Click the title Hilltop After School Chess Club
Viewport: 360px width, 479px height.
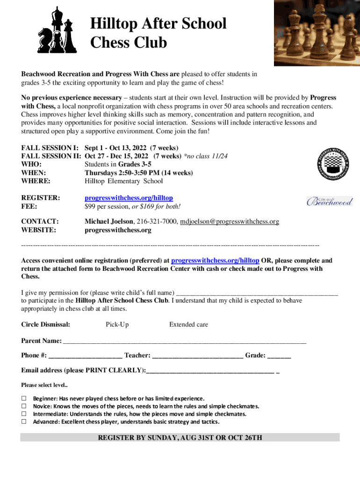point(158,33)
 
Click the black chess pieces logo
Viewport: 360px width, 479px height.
point(57,31)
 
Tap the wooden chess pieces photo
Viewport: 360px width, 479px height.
point(317,33)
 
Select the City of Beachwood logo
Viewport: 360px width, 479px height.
point(329,201)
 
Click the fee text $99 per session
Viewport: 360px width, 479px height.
point(106,207)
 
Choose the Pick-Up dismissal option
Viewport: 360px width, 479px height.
point(117,324)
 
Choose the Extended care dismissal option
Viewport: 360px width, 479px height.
point(188,324)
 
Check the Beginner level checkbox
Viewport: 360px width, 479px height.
point(24,398)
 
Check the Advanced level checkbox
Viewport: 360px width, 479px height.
point(24,421)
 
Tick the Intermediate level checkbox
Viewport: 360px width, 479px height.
point(24,414)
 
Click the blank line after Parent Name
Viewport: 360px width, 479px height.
point(184,341)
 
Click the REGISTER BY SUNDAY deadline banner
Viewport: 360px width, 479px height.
point(180,438)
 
